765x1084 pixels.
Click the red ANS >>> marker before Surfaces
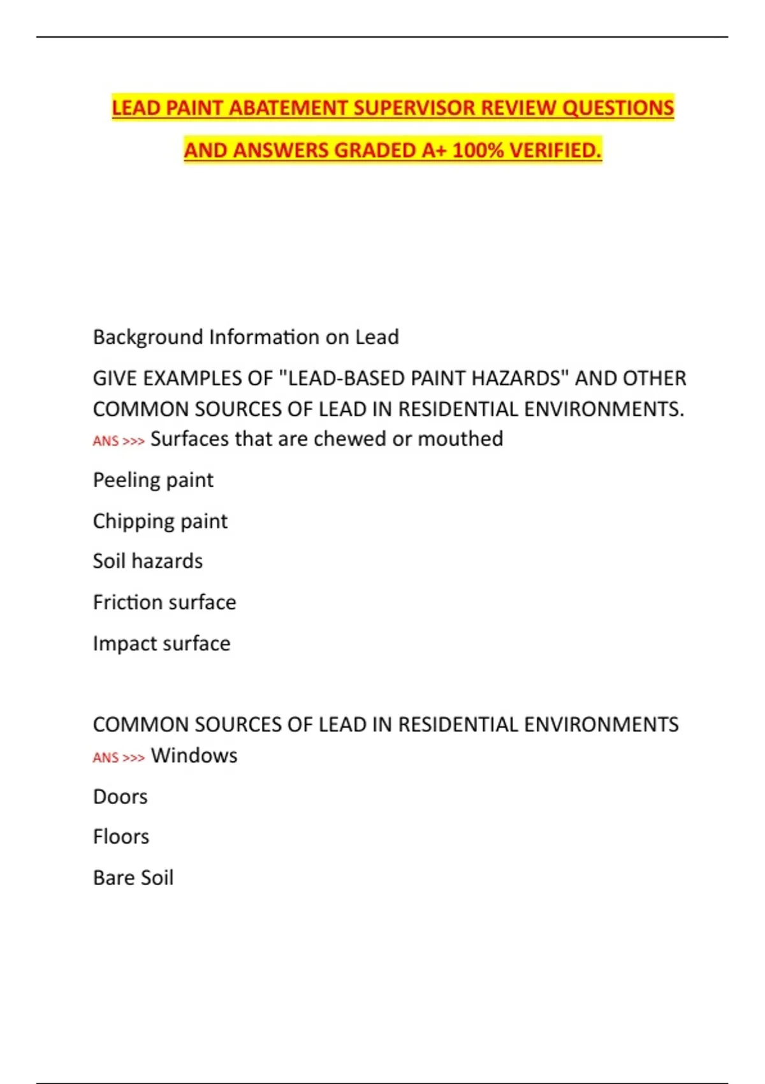point(119,441)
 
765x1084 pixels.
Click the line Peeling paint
point(153,480)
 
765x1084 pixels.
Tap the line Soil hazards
point(148,561)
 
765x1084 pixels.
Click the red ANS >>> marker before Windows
point(119,758)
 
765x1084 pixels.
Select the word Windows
point(194,756)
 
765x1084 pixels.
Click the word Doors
point(120,797)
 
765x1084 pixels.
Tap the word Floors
point(121,837)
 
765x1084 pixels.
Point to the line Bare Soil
point(133,878)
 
